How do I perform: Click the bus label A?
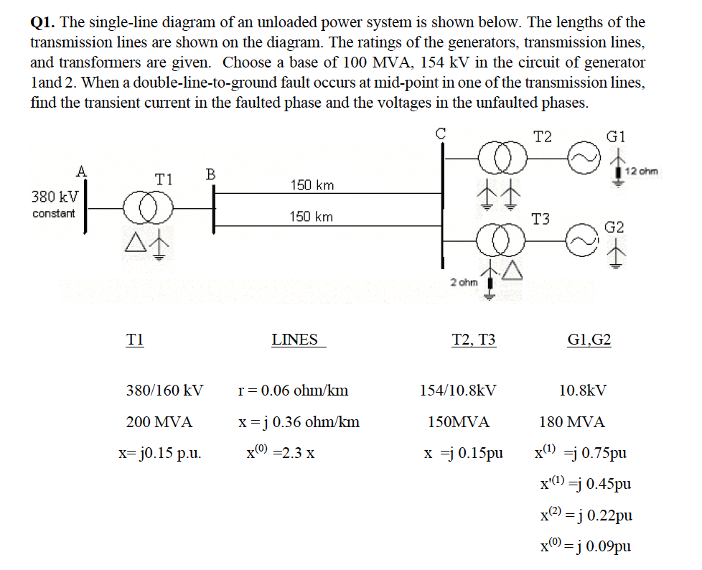click(82, 170)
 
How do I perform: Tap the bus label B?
click(210, 174)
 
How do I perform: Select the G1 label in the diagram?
click(616, 136)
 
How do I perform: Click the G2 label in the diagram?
click(614, 227)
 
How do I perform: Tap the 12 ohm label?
click(641, 172)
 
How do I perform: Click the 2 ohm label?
click(464, 282)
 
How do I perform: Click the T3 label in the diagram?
click(541, 218)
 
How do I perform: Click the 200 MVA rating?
click(159, 422)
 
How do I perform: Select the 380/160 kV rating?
click(164, 391)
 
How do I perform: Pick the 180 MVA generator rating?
click(572, 422)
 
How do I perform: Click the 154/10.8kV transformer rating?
click(457, 391)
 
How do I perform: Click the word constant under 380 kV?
click(54, 214)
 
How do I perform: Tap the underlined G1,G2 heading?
click(589, 340)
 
